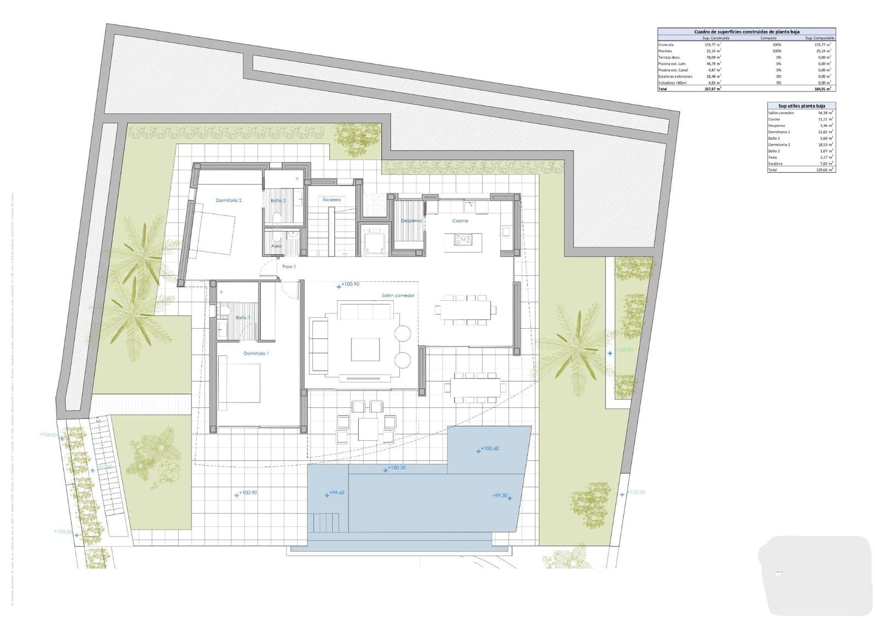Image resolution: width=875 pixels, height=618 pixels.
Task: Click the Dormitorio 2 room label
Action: (x=229, y=201)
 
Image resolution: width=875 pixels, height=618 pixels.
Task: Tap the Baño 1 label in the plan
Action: (x=243, y=318)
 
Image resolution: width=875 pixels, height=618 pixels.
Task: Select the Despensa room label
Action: (x=411, y=221)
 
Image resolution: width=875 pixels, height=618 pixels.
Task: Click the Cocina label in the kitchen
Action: (x=460, y=221)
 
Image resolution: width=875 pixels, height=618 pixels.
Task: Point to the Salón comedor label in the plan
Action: (x=398, y=296)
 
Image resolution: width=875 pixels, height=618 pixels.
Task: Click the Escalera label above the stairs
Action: (x=331, y=200)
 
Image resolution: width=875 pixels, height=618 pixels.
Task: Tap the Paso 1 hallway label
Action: (x=289, y=267)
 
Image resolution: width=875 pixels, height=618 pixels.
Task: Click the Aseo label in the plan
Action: (x=276, y=246)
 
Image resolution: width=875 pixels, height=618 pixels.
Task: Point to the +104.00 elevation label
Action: (x=48, y=435)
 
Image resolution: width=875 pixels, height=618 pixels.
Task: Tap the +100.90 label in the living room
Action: (x=350, y=284)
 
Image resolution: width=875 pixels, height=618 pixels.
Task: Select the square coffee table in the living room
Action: (x=365, y=349)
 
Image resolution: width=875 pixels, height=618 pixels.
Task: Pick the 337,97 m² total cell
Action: (x=713, y=89)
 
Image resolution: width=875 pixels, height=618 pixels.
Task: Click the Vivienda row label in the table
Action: (x=666, y=45)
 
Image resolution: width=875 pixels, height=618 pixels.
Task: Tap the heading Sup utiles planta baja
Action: (x=802, y=106)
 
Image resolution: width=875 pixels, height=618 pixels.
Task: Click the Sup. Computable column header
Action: (x=819, y=38)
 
